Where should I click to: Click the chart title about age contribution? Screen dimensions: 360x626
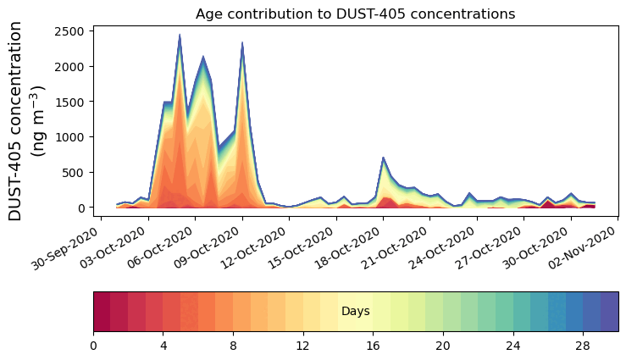click(x=355, y=14)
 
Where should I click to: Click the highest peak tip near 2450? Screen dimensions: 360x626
click(x=180, y=36)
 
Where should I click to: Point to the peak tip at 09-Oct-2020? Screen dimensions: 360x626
click(x=242, y=43)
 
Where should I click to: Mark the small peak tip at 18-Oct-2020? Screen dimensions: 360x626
click(x=384, y=158)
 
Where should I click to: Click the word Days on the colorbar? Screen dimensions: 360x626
click(x=355, y=312)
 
